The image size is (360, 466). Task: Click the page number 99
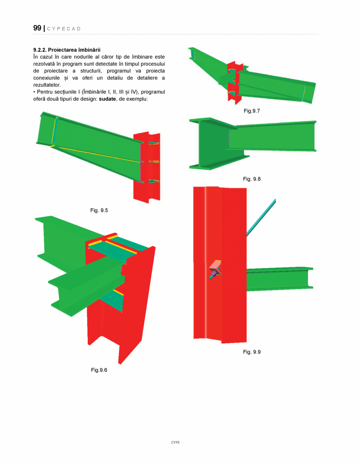(37, 28)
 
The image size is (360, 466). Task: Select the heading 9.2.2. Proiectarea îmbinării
(67, 50)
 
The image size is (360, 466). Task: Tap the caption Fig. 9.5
(99, 210)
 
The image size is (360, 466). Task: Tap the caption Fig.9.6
(99, 370)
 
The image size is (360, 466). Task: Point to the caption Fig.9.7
(251, 111)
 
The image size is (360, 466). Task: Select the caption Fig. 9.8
(251, 179)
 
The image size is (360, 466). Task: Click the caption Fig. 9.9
(251, 352)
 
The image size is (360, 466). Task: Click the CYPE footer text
(175, 442)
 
